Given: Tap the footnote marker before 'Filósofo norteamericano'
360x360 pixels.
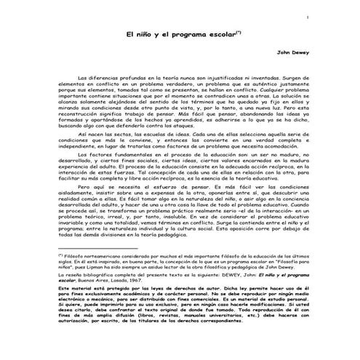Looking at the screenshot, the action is coord(61,256).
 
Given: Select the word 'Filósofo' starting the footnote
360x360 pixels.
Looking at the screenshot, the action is coord(76,257).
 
